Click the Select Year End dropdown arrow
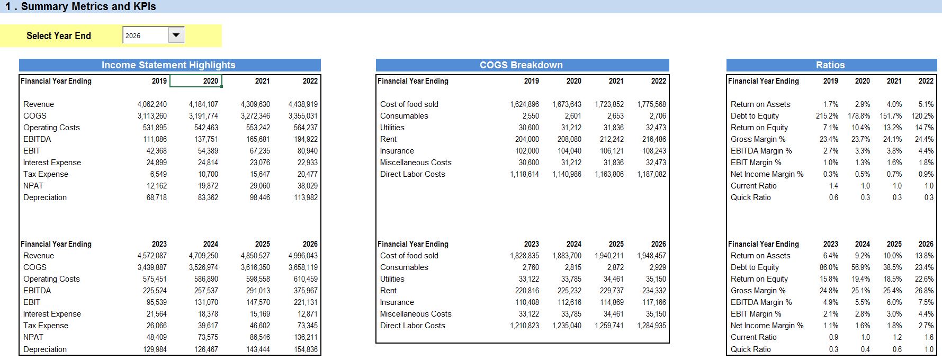coord(176,35)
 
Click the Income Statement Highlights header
coord(168,65)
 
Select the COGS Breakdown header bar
coord(522,65)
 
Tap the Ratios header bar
coord(830,65)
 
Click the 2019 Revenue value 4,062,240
coord(152,104)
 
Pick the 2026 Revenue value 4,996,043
coord(303,256)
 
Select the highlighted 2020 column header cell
coord(195,81)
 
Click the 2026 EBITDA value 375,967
coord(306,291)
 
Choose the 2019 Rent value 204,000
coord(527,139)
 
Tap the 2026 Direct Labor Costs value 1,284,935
coord(651,326)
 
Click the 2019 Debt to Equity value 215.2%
coord(827,116)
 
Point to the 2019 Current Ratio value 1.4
coord(833,186)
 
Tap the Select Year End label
coord(59,35)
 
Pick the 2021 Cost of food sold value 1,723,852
coord(609,104)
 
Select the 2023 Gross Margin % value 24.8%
coord(829,291)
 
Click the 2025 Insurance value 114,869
coord(612,302)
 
